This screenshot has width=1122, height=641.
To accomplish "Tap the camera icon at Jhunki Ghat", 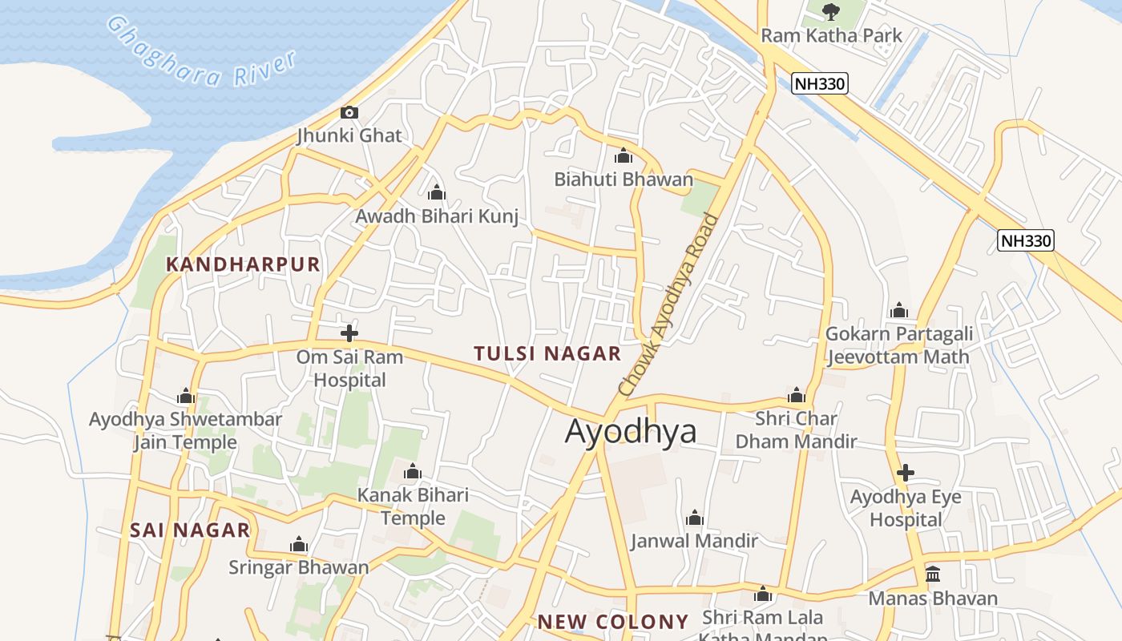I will click(349, 113).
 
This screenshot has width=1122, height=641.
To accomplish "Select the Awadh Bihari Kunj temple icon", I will click(437, 193).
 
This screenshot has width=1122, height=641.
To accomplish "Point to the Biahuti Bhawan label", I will click(624, 179).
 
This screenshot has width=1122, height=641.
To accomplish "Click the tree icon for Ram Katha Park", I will click(831, 11).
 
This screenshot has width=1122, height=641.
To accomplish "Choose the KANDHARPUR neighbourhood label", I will click(243, 264).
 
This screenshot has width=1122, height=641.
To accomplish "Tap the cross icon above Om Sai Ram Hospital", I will click(349, 333).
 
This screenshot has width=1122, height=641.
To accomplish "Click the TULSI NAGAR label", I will click(547, 353).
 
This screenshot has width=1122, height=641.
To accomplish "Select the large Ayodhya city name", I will click(631, 432).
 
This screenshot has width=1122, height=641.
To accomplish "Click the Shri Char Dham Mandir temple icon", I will click(797, 395).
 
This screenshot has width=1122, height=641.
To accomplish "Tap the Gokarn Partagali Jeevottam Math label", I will click(899, 345).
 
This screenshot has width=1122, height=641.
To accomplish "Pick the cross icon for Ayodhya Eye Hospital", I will click(906, 473).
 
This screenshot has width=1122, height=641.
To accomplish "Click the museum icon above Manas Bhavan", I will click(933, 574).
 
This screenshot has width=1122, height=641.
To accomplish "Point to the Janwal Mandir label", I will click(694, 541).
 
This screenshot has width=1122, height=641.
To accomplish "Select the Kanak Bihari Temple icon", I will click(413, 471).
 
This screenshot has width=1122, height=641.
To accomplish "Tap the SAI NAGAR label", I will click(190, 530).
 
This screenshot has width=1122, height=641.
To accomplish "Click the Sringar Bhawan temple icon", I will click(299, 546).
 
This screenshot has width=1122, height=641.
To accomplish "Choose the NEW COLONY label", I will click(613, 622).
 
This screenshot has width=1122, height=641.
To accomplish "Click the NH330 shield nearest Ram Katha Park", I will click(819, 83).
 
